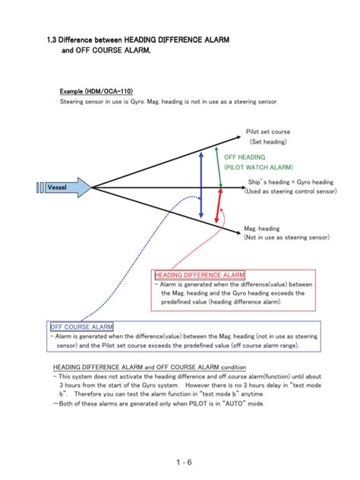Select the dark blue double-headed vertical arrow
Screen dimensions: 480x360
pos(201,184)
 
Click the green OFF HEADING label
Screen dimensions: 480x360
pos(245,156)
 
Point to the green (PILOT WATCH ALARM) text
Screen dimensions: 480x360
pos(258,167)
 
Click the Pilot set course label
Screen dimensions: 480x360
pos(267,131)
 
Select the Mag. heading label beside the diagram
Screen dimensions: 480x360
pos(261,228)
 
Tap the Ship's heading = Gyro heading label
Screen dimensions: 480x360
pos(290,182)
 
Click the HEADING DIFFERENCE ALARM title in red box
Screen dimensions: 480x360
pos(200,274)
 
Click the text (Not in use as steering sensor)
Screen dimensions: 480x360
pos(286,238)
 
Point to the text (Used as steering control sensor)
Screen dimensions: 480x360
pos(290,192)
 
